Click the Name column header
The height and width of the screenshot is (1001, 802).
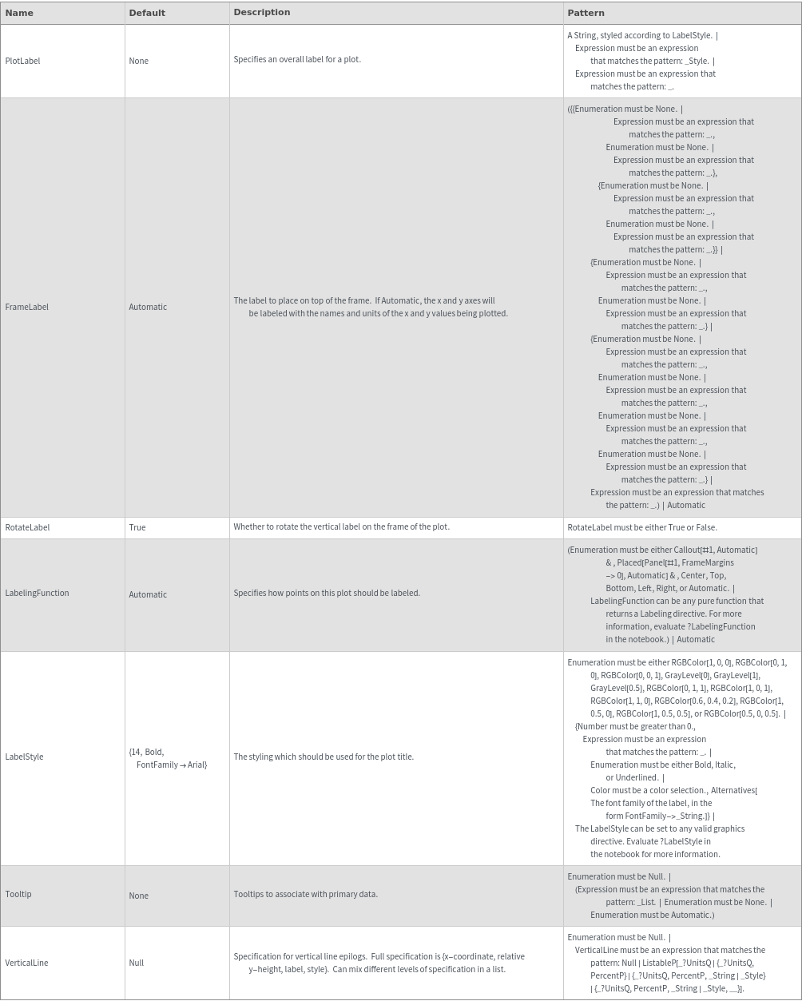19,13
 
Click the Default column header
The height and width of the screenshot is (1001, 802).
147,13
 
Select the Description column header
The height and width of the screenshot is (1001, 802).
261,13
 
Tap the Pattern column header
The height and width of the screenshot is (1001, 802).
586,13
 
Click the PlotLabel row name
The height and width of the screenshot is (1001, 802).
22,61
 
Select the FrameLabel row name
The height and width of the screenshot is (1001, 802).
26,307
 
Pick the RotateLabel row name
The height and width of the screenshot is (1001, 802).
27,527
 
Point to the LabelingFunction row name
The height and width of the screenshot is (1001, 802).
37,593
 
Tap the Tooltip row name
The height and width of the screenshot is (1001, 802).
18,894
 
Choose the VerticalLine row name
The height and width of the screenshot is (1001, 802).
26,963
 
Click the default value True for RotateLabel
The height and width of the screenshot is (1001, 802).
137,527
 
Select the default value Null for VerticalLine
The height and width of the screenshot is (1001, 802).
137,963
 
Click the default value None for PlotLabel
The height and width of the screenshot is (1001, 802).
138,61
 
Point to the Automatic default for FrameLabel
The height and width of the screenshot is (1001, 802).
148,307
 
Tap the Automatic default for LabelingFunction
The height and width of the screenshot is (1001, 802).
148,594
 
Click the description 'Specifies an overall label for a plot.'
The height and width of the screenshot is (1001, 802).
297,59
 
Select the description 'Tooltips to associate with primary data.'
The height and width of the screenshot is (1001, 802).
305,894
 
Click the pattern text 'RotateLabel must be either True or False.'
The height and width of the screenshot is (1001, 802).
642,527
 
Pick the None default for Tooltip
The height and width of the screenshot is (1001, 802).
138,896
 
